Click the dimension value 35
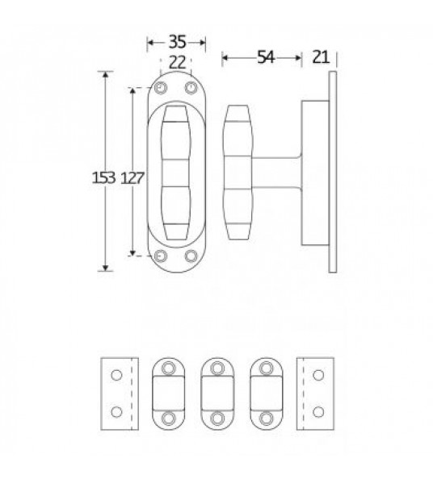pos(177,40)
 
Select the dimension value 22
pos(177,60)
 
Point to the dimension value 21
pos(318,56)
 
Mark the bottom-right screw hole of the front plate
pos(191,256)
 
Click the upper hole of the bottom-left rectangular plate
pos(116,376)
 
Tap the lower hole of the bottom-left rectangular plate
pos(116,410)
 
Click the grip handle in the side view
pos(236,173)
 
